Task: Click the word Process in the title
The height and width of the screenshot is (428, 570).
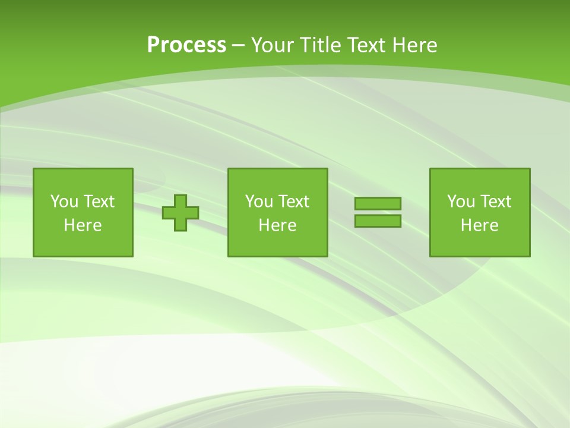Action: click(186, 45)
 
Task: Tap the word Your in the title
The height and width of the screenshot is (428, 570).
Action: click(273, 45)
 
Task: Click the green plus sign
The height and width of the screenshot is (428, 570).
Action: click(180, 213)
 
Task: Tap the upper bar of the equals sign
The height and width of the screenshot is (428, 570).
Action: click(378, 203)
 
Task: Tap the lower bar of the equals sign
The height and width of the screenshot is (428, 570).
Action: click(378, 221)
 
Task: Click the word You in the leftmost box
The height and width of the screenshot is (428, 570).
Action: click(64, 202)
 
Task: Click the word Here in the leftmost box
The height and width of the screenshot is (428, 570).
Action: click(83, 225)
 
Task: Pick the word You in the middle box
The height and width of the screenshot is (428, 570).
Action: click(258, 202)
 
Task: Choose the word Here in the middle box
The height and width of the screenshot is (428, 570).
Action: click(278, 225)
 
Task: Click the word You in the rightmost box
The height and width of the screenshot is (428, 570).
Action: click(460, 202)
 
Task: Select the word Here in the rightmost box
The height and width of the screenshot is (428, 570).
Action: click(480, 225)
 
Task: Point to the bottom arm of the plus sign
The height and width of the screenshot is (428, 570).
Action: click(180, 225)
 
